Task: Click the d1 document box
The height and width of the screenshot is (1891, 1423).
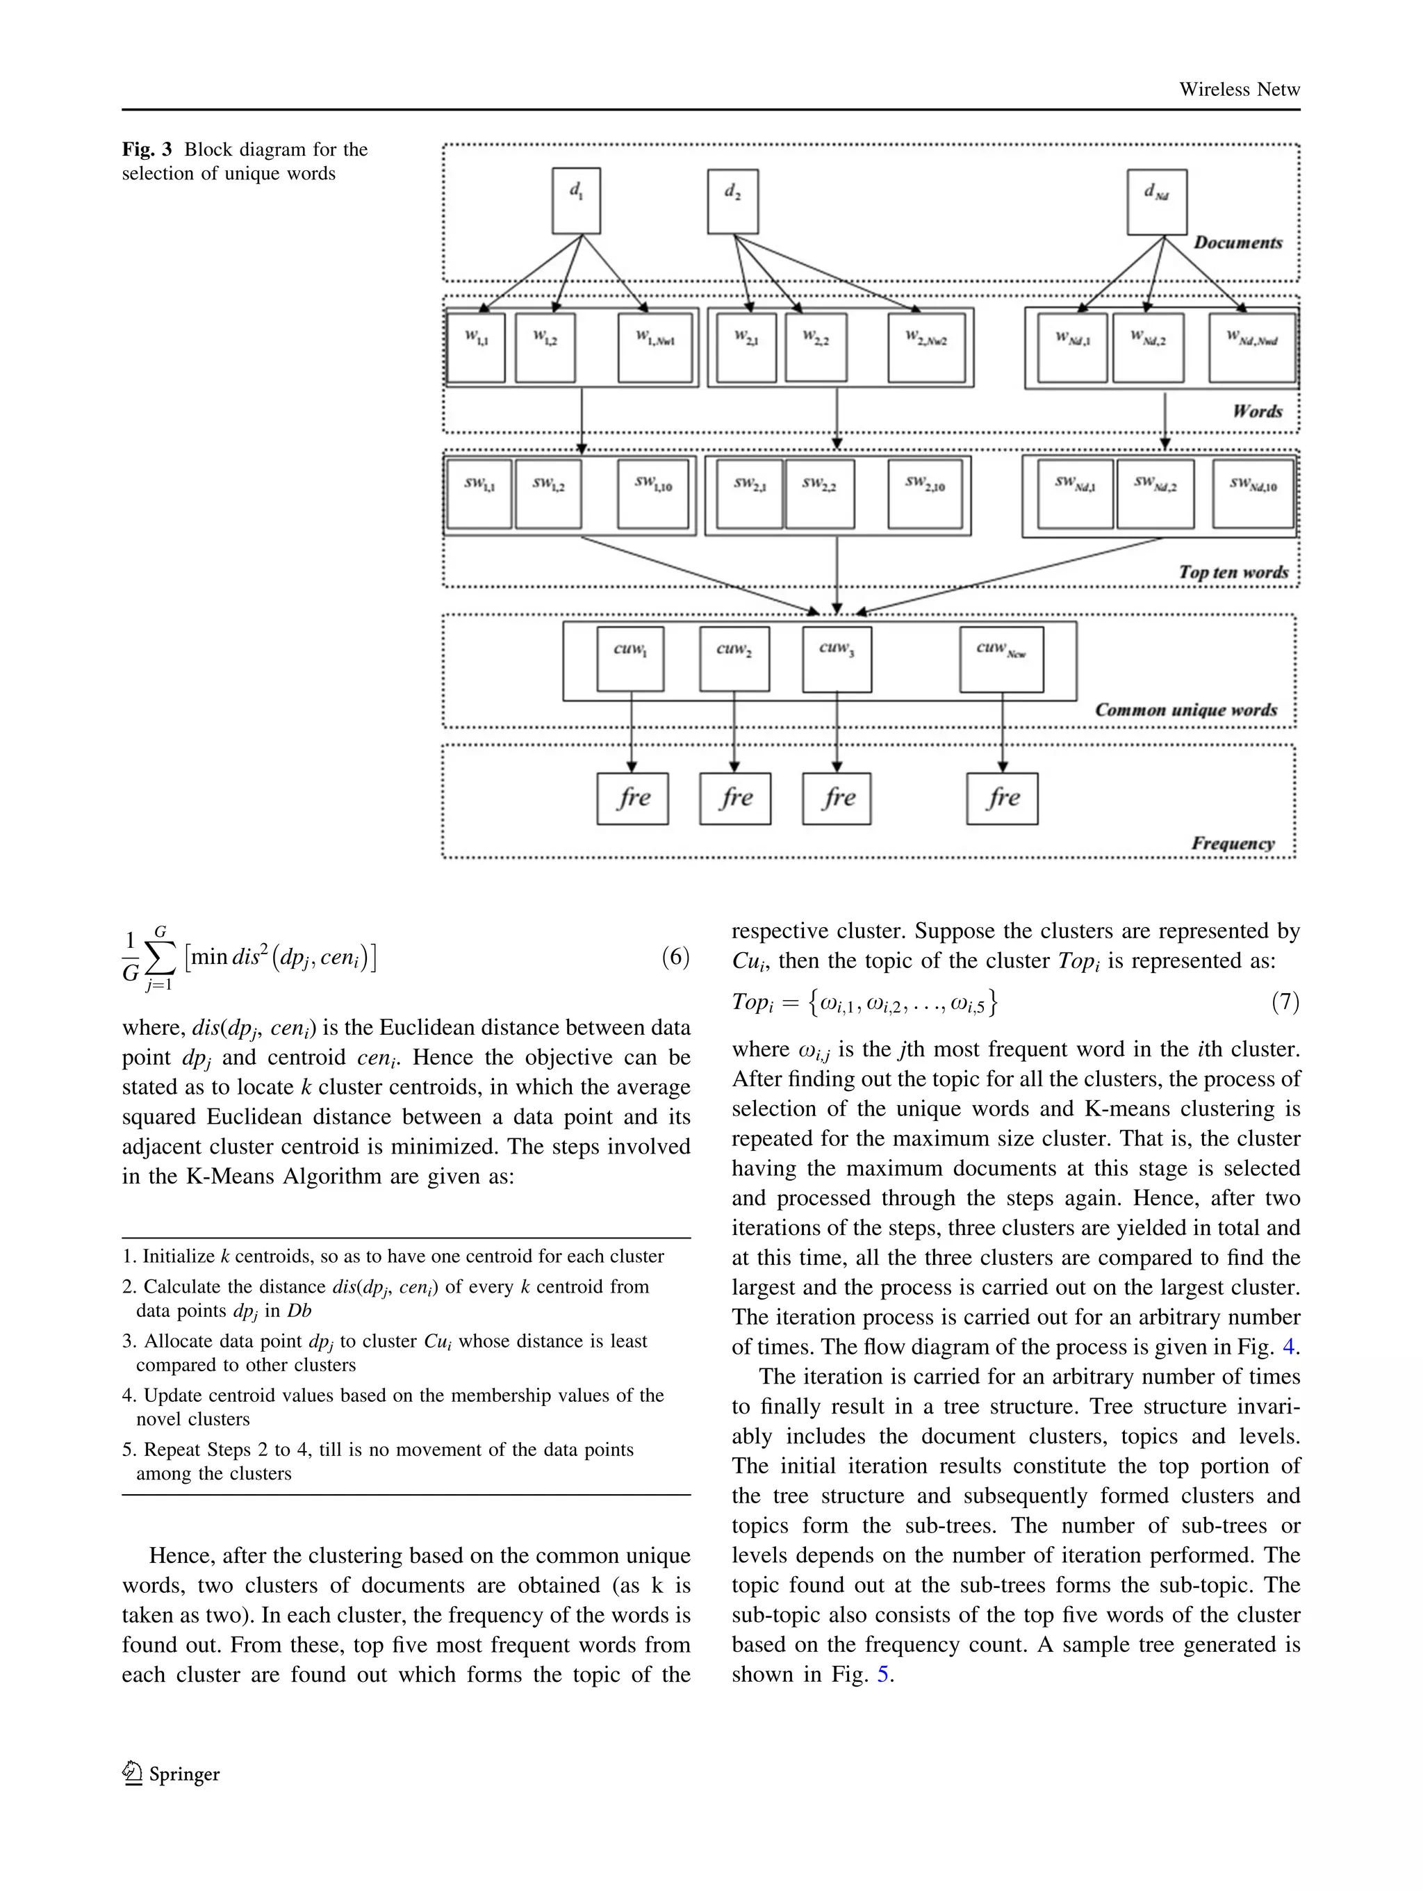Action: click(576, 201)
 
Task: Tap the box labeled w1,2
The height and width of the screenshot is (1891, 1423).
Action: click(545, 347)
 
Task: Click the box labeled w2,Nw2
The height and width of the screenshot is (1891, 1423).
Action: click(926, 347)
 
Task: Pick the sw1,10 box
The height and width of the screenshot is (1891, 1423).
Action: click(653, 494)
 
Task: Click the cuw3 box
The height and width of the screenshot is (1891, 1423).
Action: click(837, 659)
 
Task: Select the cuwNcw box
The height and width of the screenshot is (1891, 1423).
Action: click(1001, 659)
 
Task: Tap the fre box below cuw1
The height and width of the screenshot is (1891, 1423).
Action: click(632, 799)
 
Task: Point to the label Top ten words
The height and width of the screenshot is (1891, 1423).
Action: click(1233, 572)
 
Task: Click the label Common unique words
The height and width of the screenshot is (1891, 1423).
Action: click(1185, 710)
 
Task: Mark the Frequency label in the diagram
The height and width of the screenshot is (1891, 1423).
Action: click(1233, 843)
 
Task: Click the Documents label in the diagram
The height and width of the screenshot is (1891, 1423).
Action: click(1237, 242)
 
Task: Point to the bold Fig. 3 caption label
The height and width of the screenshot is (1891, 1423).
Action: click(146, 149)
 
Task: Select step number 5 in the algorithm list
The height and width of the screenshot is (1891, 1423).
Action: click(129, 1450)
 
